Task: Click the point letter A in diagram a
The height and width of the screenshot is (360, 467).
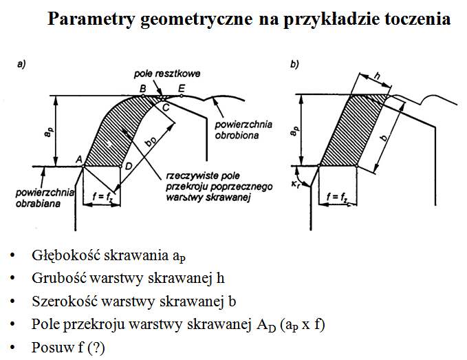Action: (79, 159)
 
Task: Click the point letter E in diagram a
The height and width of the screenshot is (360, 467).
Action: (182, 87)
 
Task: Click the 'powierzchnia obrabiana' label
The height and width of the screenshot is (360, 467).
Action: (41, 198)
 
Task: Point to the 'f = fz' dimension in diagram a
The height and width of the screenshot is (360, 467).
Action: (102, 198)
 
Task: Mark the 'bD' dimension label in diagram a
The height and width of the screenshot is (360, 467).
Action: (150, 142)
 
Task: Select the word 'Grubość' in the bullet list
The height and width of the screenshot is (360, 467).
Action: (54, 279)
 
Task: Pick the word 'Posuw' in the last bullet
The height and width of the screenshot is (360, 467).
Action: (49, 346)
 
